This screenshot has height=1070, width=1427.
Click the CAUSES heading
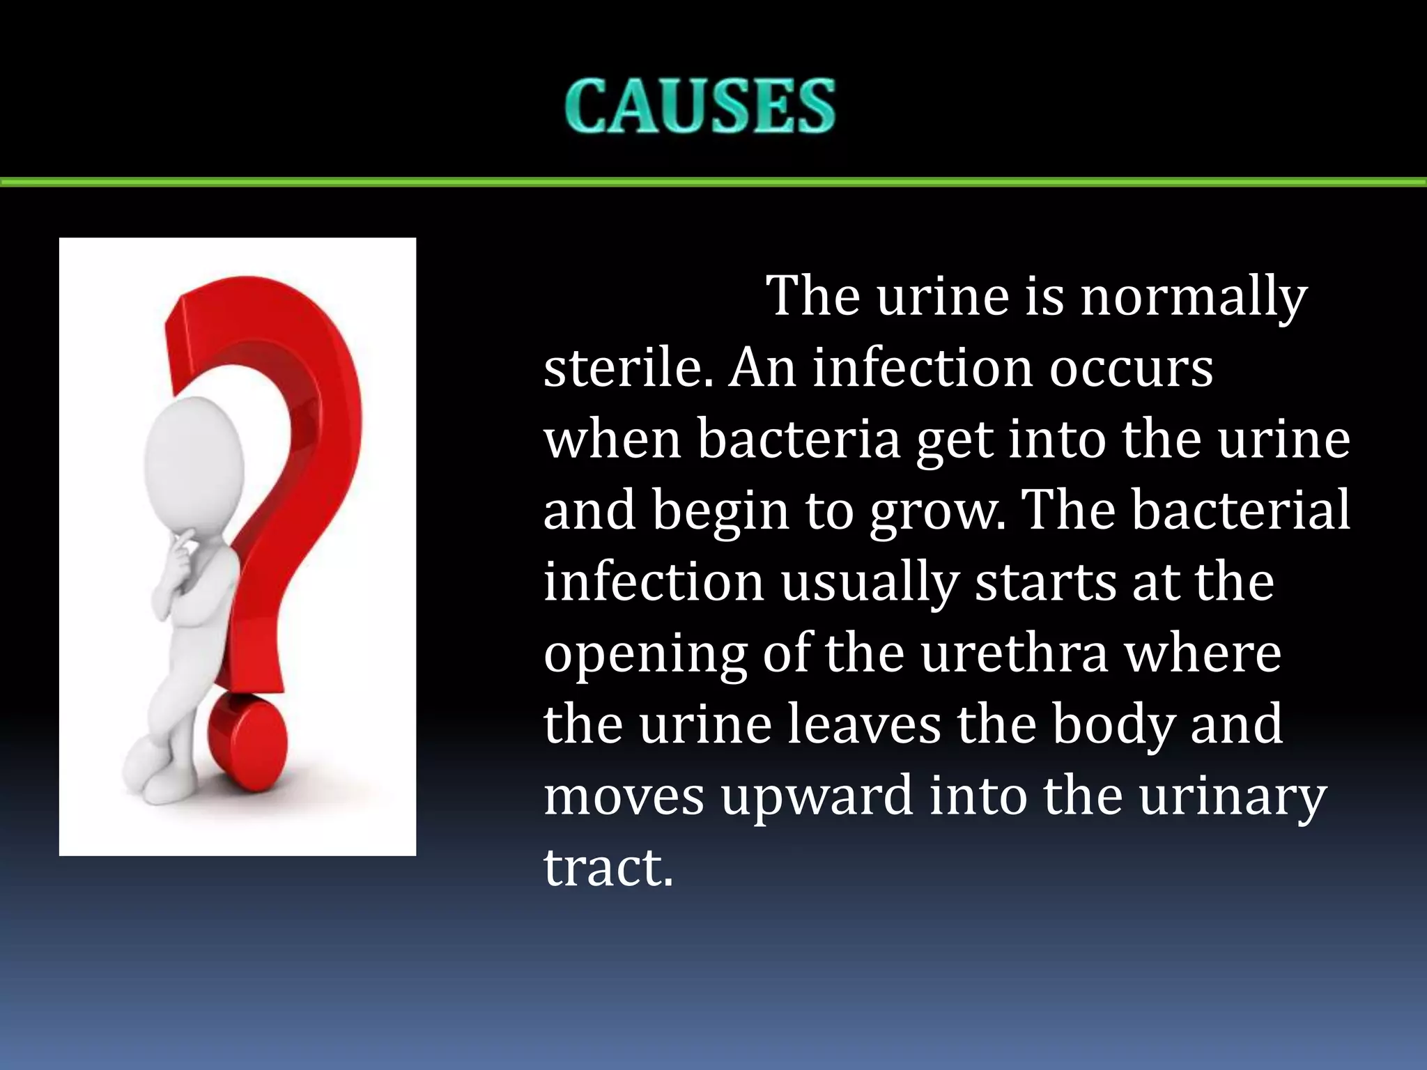[x=700, y=106]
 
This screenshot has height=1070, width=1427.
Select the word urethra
[x=1014, y=654]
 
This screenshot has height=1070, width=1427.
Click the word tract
[x=608, y=868]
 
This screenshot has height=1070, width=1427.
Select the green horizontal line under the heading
[x=713, y=183]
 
